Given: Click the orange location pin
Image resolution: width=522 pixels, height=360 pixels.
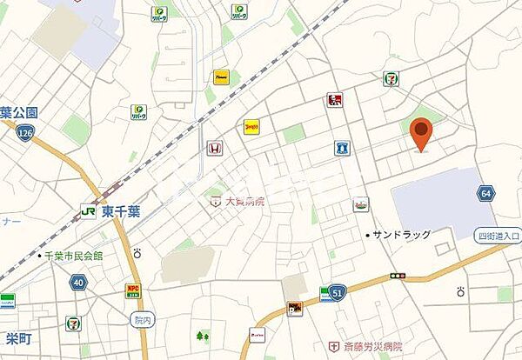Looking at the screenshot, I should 421,133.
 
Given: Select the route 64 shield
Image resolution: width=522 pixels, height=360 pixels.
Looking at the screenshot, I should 485,193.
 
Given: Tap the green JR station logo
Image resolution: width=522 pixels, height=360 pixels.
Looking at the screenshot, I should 87,210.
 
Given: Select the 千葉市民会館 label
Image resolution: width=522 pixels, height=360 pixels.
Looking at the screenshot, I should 74,256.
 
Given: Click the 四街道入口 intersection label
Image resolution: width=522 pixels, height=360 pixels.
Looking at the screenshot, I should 498,236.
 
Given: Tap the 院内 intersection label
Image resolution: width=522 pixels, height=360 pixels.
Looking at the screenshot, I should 143,319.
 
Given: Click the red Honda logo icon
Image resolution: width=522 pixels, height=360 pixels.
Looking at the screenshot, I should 211,148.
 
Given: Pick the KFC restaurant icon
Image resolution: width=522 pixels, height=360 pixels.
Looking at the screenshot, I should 335,100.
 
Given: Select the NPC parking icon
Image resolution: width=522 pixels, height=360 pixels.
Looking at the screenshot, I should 133,289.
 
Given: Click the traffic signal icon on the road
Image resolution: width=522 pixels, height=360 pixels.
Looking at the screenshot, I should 398,276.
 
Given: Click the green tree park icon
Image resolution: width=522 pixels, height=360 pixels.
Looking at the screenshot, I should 204,335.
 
